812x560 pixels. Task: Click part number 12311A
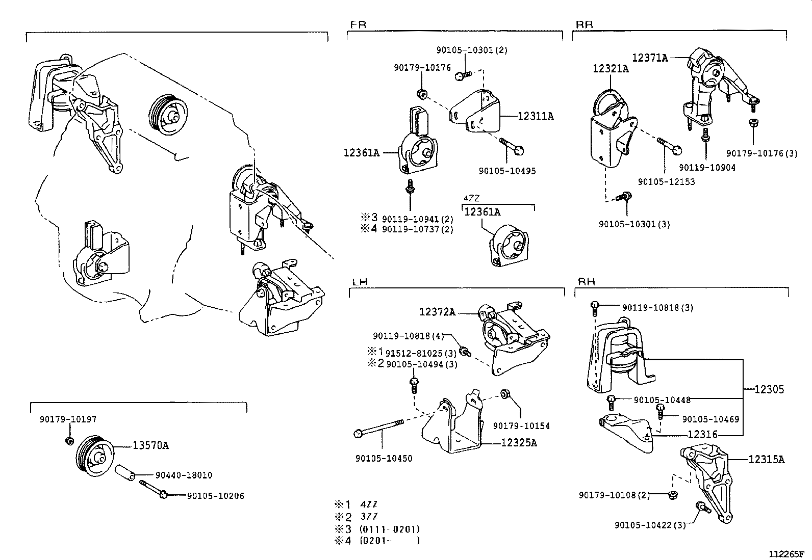tap(535, 116)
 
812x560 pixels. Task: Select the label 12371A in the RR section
tap(650, 58)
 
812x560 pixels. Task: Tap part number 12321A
tap(611, 69)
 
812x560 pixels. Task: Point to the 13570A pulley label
tap(150, 446)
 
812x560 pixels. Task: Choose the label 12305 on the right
tap(769, 390)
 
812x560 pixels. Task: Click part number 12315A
tap(766, 459)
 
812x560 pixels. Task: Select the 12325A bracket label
tap(519, 443)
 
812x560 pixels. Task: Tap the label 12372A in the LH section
tap(437, 311)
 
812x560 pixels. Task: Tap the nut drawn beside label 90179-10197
tap(70, 440)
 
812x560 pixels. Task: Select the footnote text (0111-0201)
tap(390, 529)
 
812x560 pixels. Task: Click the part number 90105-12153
tap(666, 181)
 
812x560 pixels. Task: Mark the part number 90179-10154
tap(521, 425)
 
